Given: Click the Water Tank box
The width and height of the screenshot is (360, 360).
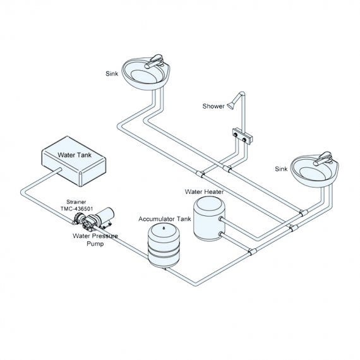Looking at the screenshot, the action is point(74,161).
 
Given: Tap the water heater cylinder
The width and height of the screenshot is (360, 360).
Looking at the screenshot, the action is point(209,219).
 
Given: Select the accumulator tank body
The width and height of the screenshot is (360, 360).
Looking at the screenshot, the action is point(164,245).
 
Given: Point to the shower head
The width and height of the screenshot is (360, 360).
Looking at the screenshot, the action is point(231,106).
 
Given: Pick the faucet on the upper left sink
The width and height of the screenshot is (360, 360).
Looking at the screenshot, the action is point(154,61).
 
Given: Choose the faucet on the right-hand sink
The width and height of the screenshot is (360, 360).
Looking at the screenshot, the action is point(323,158).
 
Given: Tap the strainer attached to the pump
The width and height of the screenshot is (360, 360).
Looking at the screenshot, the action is point(79,217).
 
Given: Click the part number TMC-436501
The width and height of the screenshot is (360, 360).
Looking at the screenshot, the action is point(76,208).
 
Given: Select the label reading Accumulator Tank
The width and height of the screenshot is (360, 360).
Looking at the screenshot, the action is point(165,219).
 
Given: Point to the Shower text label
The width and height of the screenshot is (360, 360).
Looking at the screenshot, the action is point(213,106).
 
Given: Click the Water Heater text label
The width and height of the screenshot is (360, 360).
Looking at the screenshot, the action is point(204,191).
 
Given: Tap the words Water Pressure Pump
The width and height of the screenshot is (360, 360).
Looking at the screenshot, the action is point(95,240).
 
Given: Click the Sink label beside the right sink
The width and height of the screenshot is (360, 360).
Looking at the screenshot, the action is point(281,169).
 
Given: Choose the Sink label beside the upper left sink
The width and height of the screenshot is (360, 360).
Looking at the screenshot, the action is point(112,73).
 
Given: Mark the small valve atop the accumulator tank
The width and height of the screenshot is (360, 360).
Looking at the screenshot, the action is point(164,228).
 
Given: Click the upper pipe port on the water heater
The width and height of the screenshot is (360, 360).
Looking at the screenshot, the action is point(220,219).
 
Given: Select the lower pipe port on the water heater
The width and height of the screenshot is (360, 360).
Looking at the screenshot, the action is point(220,234).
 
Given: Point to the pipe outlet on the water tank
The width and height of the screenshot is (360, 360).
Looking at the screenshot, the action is point(60,170).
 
